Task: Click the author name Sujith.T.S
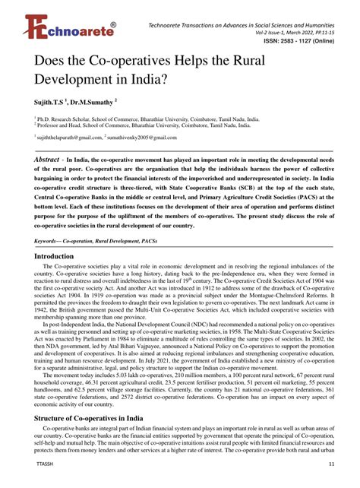click(52, 101)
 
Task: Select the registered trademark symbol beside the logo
click(113, 24)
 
